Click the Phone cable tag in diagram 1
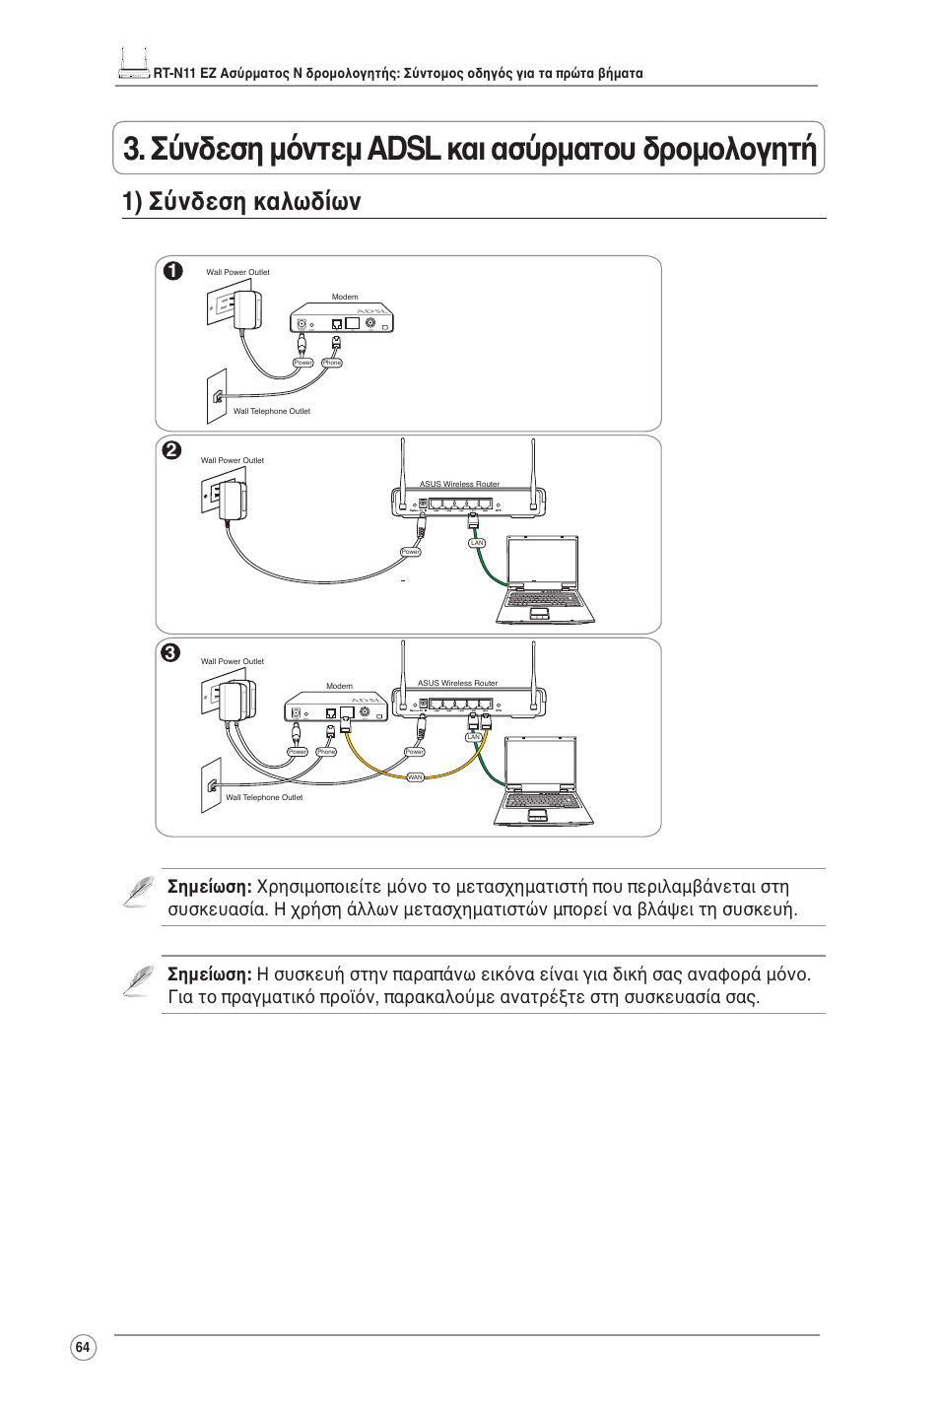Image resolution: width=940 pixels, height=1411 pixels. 332,363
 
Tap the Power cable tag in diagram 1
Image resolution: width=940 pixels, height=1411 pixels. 303,363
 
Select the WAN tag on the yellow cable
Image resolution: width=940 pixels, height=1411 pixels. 415,777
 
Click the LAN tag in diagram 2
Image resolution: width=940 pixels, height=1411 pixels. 477,543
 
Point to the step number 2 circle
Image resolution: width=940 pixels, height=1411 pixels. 172,450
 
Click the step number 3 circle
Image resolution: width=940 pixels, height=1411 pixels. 172,652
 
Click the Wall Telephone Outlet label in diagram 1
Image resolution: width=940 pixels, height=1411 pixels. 272,412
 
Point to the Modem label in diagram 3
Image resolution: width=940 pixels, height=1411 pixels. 339,686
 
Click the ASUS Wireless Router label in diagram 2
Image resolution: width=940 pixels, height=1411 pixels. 459,484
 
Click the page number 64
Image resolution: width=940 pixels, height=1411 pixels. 83,1348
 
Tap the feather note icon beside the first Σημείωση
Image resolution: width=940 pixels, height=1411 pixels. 141,890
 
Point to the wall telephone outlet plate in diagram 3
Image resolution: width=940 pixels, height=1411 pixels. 212,785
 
